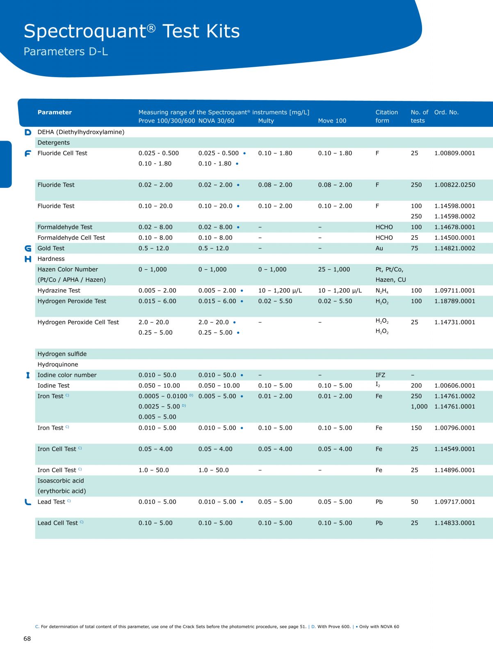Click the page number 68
27,639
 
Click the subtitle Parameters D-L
66,51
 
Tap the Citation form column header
387,116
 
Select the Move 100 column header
332,121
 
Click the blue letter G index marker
28,248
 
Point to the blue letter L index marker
28,502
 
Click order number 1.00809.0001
454,153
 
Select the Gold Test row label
51,248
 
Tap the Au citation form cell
379,248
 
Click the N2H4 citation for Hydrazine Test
382,291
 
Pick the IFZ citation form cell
380,375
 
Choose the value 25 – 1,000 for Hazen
333,269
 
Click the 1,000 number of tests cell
419,407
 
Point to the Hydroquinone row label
58,364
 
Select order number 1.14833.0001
454,523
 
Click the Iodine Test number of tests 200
416,386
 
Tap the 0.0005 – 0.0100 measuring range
163,396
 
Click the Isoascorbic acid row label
61,481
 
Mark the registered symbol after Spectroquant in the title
151,28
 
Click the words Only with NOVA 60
379,627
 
